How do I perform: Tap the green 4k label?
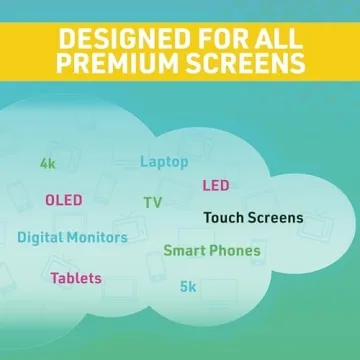coord(47,162)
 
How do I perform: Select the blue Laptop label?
coord(164,161)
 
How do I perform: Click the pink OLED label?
coord(64,200)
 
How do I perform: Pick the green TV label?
coord(152,202)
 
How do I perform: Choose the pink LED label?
coord(216,185)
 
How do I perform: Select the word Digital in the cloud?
coord(40,238)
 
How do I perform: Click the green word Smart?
coord(184,251)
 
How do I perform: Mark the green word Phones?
coord(235,251)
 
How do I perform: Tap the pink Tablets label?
coord(76,277)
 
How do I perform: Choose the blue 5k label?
coord(188,287)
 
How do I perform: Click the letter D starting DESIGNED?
coord(65,40)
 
